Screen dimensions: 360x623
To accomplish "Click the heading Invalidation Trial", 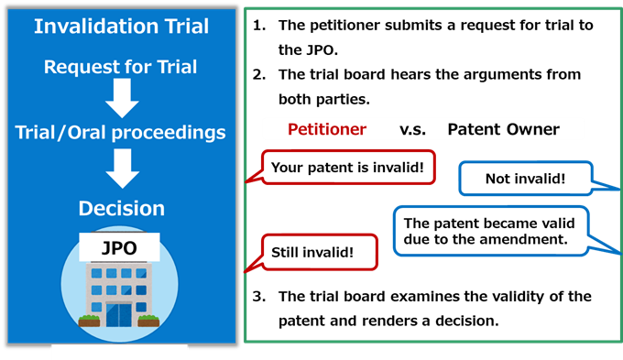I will [120, 26].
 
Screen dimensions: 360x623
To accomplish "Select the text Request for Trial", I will [120, 66].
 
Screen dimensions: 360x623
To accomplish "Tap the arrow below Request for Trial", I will [120, 97].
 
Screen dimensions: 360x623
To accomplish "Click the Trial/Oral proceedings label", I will [120, 133].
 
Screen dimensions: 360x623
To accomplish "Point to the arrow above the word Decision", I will [120, 168].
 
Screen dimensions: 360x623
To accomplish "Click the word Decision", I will [121, 208].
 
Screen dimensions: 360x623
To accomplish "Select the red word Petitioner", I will [327, 129].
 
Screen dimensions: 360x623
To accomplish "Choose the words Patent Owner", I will [503, 129].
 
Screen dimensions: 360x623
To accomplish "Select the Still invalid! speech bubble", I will [318, 251].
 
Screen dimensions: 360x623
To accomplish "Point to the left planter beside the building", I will [89, 321].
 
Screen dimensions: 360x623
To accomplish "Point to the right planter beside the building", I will [148, 321].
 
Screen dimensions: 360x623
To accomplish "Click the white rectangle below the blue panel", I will [119, 352].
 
